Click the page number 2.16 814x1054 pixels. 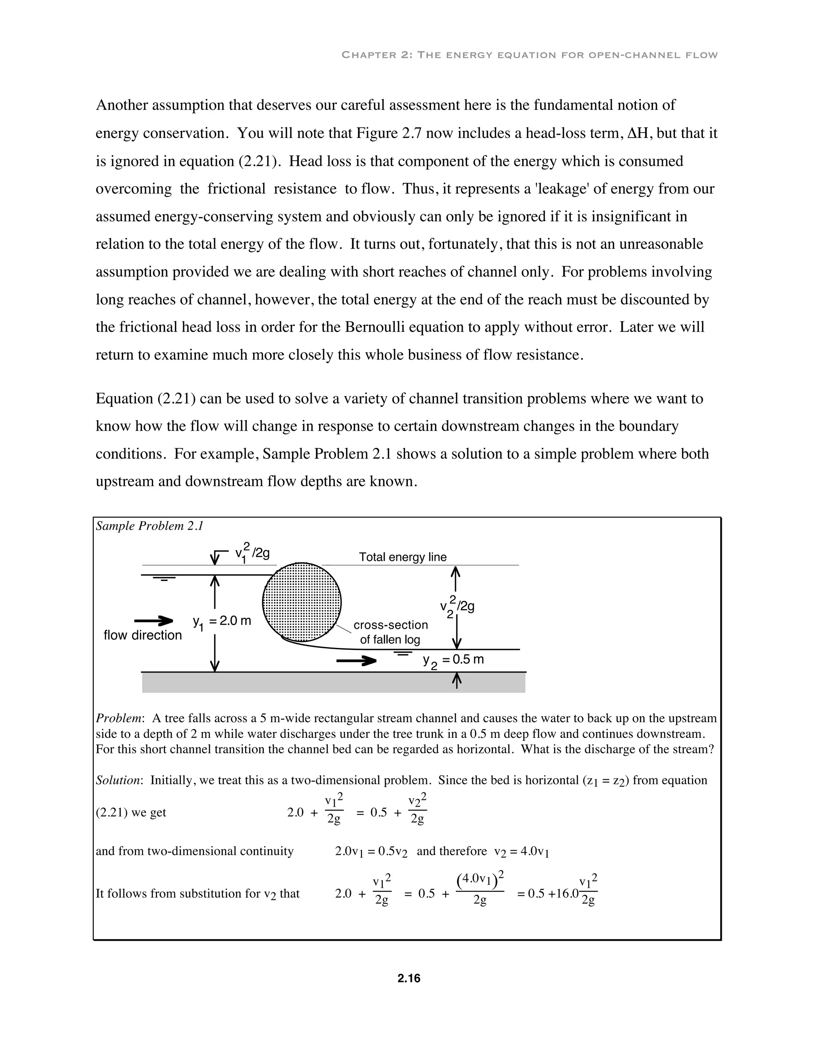point(409,978)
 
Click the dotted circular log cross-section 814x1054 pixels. point(302,602)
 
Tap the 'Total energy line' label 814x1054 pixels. point(403,557)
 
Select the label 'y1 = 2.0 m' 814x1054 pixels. point(222,622)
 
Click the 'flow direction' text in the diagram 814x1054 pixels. point(143,635)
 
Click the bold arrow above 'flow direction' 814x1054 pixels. point(153,620)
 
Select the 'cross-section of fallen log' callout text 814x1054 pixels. point(391,632)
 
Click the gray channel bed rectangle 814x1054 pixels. point(334,683)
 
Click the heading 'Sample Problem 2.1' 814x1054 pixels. point(149,526)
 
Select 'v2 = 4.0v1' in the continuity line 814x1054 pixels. point(522,851)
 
